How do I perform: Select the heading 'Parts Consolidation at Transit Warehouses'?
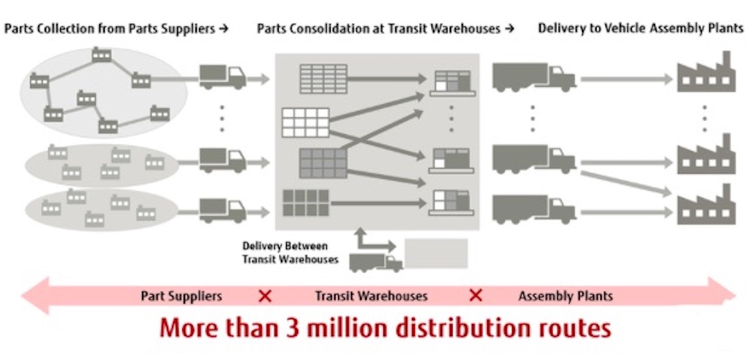coord(380,29)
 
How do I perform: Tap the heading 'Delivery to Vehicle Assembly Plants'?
coord(639,29)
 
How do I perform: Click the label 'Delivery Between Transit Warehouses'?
coord(290,252)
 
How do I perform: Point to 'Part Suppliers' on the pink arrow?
coord(181,296)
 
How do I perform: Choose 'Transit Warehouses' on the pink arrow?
coord(371,296)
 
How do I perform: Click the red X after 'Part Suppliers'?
coord(265,296)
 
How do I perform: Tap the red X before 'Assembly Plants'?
coord(475,296)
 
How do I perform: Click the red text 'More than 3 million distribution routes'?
coord(385,329)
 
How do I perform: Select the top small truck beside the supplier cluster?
coord(222,77)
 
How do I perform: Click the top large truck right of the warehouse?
coord(533,77)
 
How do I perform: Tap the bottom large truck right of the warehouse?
coord(533,209)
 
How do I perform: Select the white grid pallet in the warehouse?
coord(306,122)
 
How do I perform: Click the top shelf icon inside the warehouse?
coord(451,82)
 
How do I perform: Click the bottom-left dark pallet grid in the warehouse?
coord(306,203)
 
